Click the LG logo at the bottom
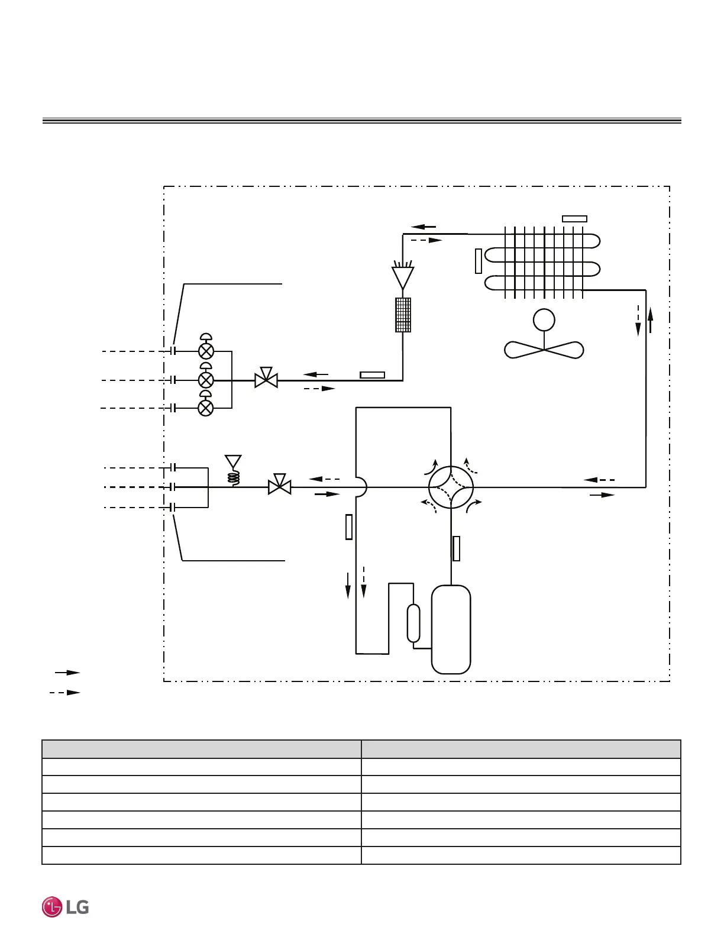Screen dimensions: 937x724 pos(65,907)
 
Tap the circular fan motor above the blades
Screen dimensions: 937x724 pos(544,320)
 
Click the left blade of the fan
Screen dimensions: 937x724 pos(523,350)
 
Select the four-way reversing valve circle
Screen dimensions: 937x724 pos(451,487)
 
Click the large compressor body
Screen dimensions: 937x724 pos(451,629)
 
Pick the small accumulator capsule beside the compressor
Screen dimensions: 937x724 pos(413,623)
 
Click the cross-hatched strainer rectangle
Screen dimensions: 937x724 pos(403,315)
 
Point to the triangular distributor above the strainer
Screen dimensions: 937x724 pos(403,277)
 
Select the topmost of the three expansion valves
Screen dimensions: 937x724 pos(206,351)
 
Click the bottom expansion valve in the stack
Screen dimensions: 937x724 pos(205,408)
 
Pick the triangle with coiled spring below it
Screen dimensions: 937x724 pos(233,461)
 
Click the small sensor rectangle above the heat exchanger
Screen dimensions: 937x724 pos(574,219)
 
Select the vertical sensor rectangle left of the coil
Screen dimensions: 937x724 pos(479,261)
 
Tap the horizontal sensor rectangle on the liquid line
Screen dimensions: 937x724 pos(373,375)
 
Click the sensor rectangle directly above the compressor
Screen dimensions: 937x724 pos(456,548)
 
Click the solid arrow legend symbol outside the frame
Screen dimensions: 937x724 pos(67,673)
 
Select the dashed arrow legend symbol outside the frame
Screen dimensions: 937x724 pos(65,692)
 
